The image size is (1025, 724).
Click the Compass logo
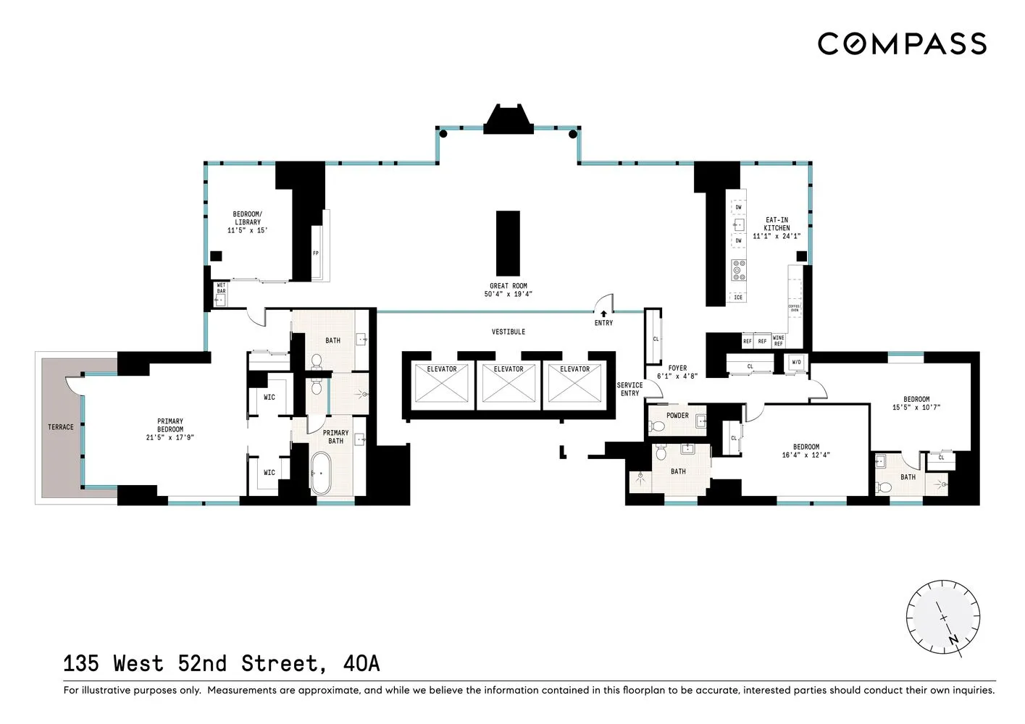[x=902, y=43]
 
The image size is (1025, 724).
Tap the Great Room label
[x=509, y=286]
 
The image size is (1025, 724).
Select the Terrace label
[x=61, y=427]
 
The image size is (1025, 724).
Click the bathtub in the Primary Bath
[x=320, y=473]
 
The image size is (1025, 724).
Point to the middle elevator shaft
[x=509, y=384]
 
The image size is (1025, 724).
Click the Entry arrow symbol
[x=603, y=313]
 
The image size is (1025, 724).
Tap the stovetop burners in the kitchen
[x=738, y=270]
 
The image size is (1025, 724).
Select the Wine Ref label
[x=778, y=341]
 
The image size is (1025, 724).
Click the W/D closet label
[x=797, y=362]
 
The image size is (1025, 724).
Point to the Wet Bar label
[x=221, y=288]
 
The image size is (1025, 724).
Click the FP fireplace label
[x=316, y=253]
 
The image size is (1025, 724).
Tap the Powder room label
[x=677, y=416]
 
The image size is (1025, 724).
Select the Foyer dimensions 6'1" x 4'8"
[x=677, y=376]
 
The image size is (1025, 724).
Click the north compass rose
[x=943, y=618]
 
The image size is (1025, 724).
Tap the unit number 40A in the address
[x=361, y=664]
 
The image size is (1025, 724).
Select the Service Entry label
[x=629, y=390]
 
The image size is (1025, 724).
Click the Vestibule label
[x=509, y=332]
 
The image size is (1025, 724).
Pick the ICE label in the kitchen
[x=738, y=298]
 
